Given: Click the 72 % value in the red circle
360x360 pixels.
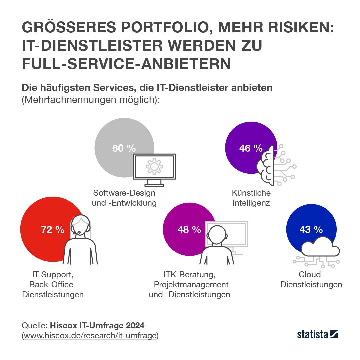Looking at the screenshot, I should click(52, 230).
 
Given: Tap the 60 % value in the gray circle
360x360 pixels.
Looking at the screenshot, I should click(124, 148).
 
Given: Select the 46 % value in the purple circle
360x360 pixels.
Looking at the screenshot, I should click(251, 148).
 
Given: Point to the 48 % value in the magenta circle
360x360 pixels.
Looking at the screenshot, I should click(189, 230).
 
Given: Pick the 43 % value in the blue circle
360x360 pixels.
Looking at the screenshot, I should click(311, 230).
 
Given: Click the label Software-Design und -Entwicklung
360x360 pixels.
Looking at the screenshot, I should click(124, 198).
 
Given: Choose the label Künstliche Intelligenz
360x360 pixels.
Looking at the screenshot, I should click(251, 198).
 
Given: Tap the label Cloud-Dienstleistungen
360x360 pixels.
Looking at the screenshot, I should click(311, 280).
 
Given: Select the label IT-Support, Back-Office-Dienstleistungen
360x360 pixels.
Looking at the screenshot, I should click(53, 285).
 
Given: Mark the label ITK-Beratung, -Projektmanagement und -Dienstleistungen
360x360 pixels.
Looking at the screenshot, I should click(189, 285).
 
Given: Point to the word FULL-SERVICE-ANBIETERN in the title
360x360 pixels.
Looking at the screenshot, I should click(126, 64).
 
